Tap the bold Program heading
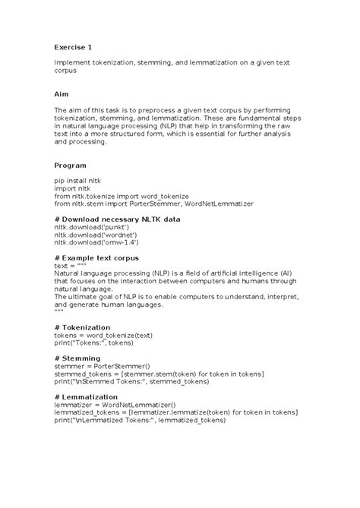tap(70, 164)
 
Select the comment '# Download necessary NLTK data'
tap(117, 219)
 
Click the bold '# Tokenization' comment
tap(83, 327)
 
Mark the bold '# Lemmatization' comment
tap(86, 396)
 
